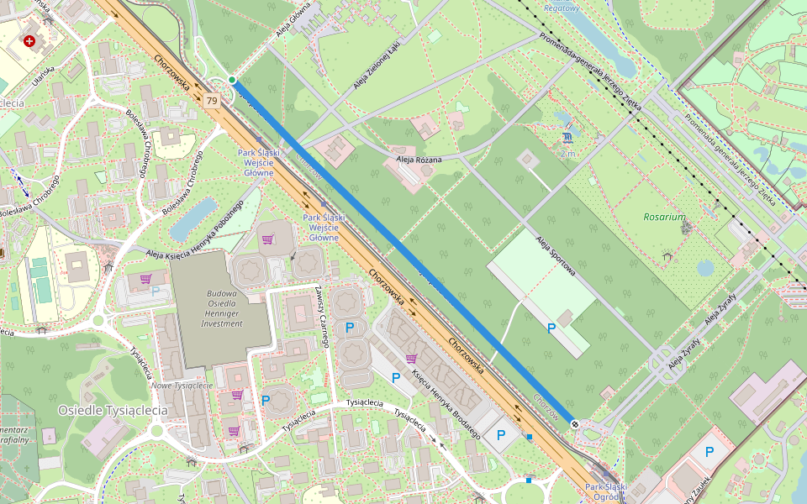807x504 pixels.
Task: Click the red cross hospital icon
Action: point(30,40)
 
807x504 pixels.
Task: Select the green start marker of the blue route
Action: point(232,80)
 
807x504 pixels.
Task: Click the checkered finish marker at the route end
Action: point(574,424)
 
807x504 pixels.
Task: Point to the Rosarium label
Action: point(664,217)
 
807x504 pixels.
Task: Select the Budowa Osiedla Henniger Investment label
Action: point(222,308)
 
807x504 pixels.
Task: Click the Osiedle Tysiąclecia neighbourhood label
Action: point(113,410)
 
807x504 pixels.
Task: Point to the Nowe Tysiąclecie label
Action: point(182,386)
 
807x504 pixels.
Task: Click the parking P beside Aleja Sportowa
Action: point(551,328)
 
